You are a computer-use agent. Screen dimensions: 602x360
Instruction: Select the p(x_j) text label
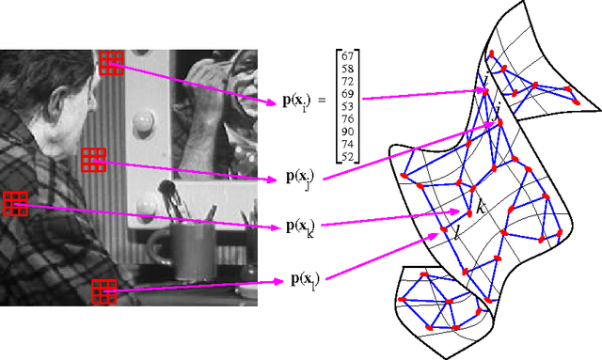coord(300,178)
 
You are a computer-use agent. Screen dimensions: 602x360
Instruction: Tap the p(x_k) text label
coord(301,227)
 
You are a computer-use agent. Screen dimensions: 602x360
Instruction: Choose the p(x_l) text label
coord(300,280)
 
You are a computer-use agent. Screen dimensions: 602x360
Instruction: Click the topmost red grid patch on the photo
coord(111,61)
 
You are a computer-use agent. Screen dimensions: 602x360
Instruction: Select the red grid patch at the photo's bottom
coord(103,291)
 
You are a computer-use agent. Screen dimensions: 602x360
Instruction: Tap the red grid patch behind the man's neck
coord(93,160)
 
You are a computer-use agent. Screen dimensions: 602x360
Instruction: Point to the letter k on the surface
coord(480,207)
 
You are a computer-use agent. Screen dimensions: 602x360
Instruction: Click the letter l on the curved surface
coord(456,231)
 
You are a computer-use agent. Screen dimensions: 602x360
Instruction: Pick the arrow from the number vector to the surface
coord(423,94)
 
